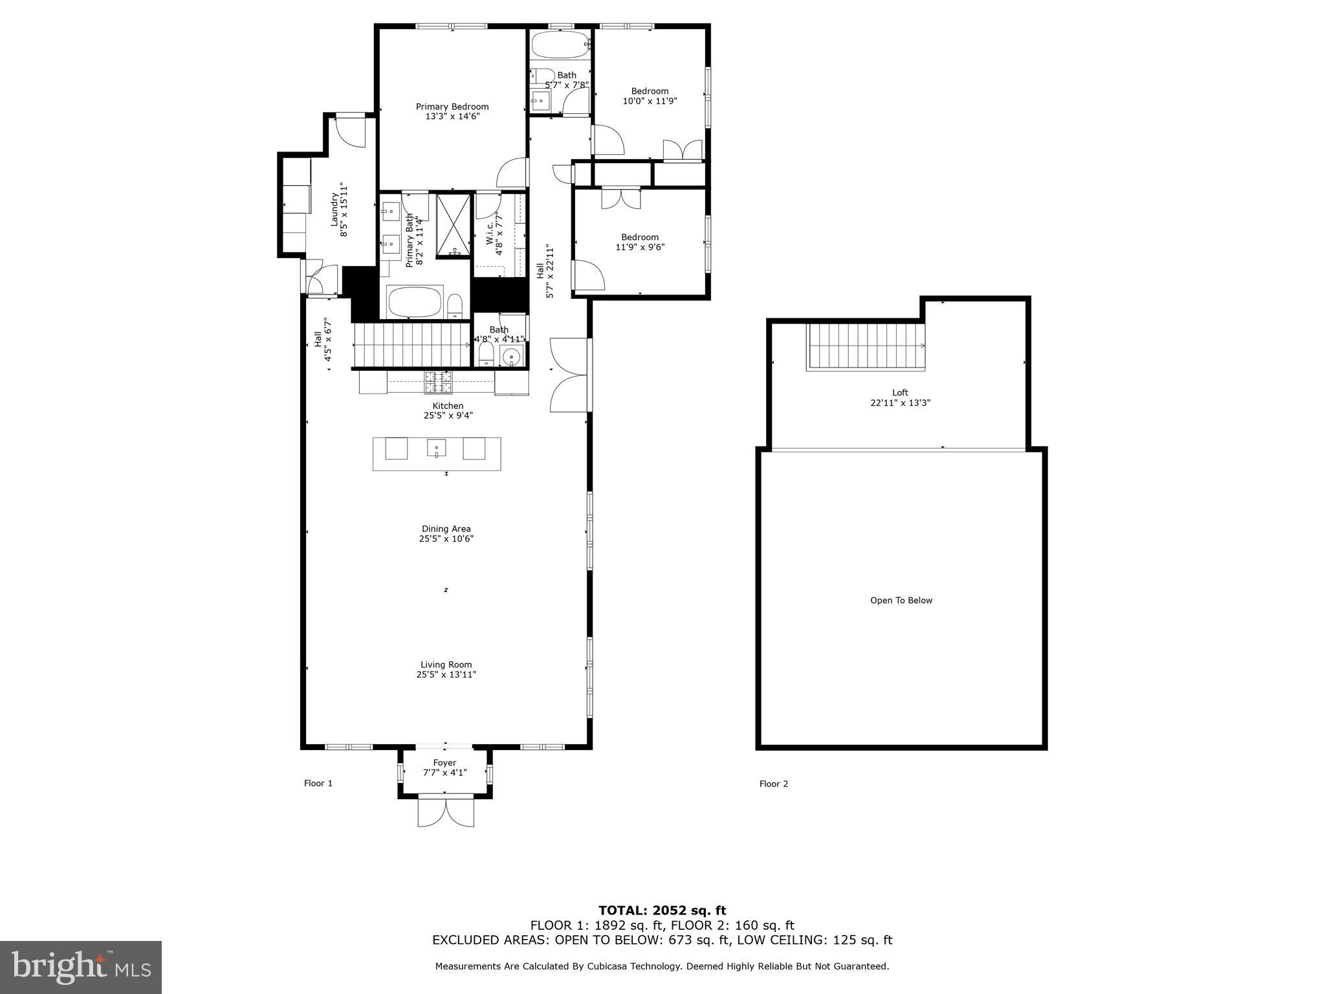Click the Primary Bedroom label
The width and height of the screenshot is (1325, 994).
point(452,107)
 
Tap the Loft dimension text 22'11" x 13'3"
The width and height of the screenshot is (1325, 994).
point(900,403)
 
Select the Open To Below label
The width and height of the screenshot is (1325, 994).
point(901,601)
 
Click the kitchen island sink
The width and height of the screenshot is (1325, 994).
point(436,448)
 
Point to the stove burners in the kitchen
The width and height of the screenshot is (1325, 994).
point(438,382)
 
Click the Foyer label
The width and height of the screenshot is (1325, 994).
point(444,763)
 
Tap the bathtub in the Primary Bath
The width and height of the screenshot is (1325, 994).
point(415,302)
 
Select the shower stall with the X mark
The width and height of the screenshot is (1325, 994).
point(453,225)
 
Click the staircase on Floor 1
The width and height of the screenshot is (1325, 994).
point(411,345)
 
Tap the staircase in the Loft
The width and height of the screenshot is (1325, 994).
point(866,346)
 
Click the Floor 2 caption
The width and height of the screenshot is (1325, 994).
point(773,784)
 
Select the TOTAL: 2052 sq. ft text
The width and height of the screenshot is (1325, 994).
point(662,911)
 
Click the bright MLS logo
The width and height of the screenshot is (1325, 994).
point(81,967)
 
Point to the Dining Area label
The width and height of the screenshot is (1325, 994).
point(446,529)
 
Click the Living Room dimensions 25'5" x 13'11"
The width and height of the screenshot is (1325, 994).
point(446,674)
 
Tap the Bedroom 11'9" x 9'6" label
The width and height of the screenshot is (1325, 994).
point(640,242)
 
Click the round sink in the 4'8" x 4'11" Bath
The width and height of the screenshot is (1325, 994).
point(512,356)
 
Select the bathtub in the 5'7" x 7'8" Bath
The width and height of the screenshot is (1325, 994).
point(560,46)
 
